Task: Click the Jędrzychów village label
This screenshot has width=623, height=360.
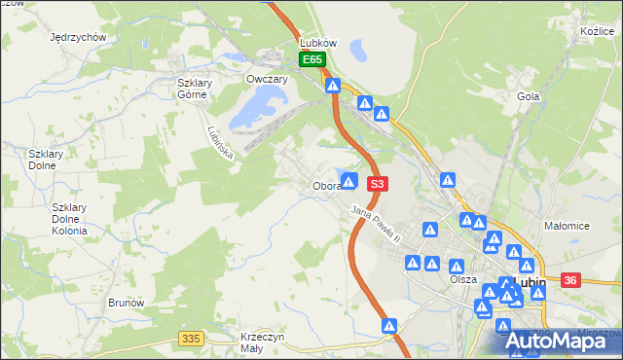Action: click(77, 37)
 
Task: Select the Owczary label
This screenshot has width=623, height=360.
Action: click(265, 80)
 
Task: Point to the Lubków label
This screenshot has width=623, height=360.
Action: click(317, 44)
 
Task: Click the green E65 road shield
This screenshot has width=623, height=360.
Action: click(311, 60)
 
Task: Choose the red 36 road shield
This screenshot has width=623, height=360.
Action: click(570, 280)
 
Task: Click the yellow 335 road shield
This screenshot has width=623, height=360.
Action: click(191, 338)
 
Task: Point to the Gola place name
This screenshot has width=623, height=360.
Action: click(529, 97)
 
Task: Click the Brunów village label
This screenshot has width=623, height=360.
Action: click(127, 303)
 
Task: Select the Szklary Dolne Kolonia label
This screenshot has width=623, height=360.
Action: click(69, 219)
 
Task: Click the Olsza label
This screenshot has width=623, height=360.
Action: click(463, 279)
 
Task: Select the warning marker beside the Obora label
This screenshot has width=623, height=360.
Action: click(349, 181)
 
